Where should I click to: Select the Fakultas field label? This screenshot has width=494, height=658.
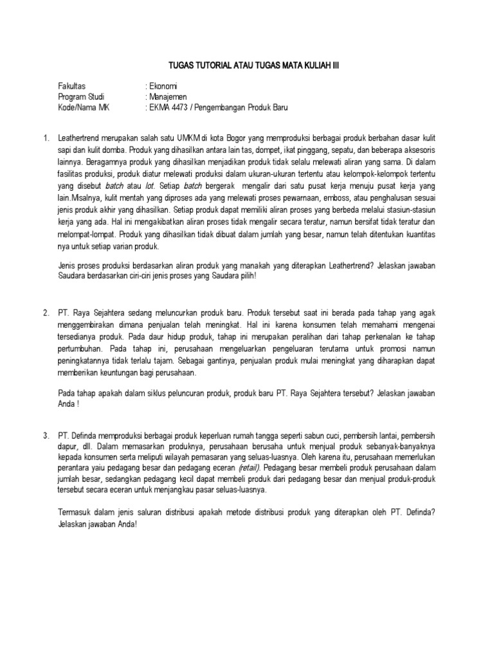tap(72, 86)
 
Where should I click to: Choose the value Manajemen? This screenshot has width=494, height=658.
tap(169, 97)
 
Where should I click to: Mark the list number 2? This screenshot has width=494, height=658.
tap(46, 312)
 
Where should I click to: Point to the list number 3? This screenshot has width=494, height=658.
tap(46, 436)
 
